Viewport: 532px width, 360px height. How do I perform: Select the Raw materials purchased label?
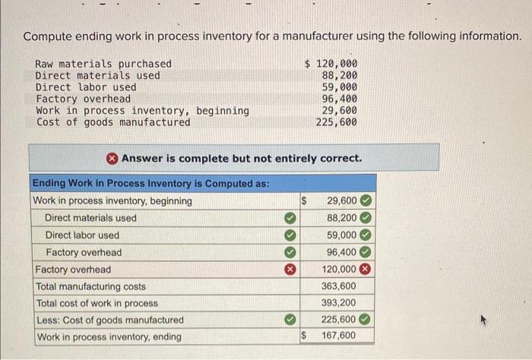coord(103,64)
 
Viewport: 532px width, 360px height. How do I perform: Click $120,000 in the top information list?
coord(331,64)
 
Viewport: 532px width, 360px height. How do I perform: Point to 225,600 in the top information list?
coord(337,122)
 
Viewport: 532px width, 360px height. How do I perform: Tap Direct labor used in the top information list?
coord(86,87)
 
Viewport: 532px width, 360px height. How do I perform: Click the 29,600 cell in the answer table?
coord(341,201)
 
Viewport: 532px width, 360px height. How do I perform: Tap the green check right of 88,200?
coord(366,218)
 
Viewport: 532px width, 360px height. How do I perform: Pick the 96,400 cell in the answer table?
coord(341,252)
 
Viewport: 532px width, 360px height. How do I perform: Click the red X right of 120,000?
coord(366,270)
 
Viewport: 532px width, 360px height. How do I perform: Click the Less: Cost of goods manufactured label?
coord(109,320)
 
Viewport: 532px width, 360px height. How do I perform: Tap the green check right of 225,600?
coord(366,320)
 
